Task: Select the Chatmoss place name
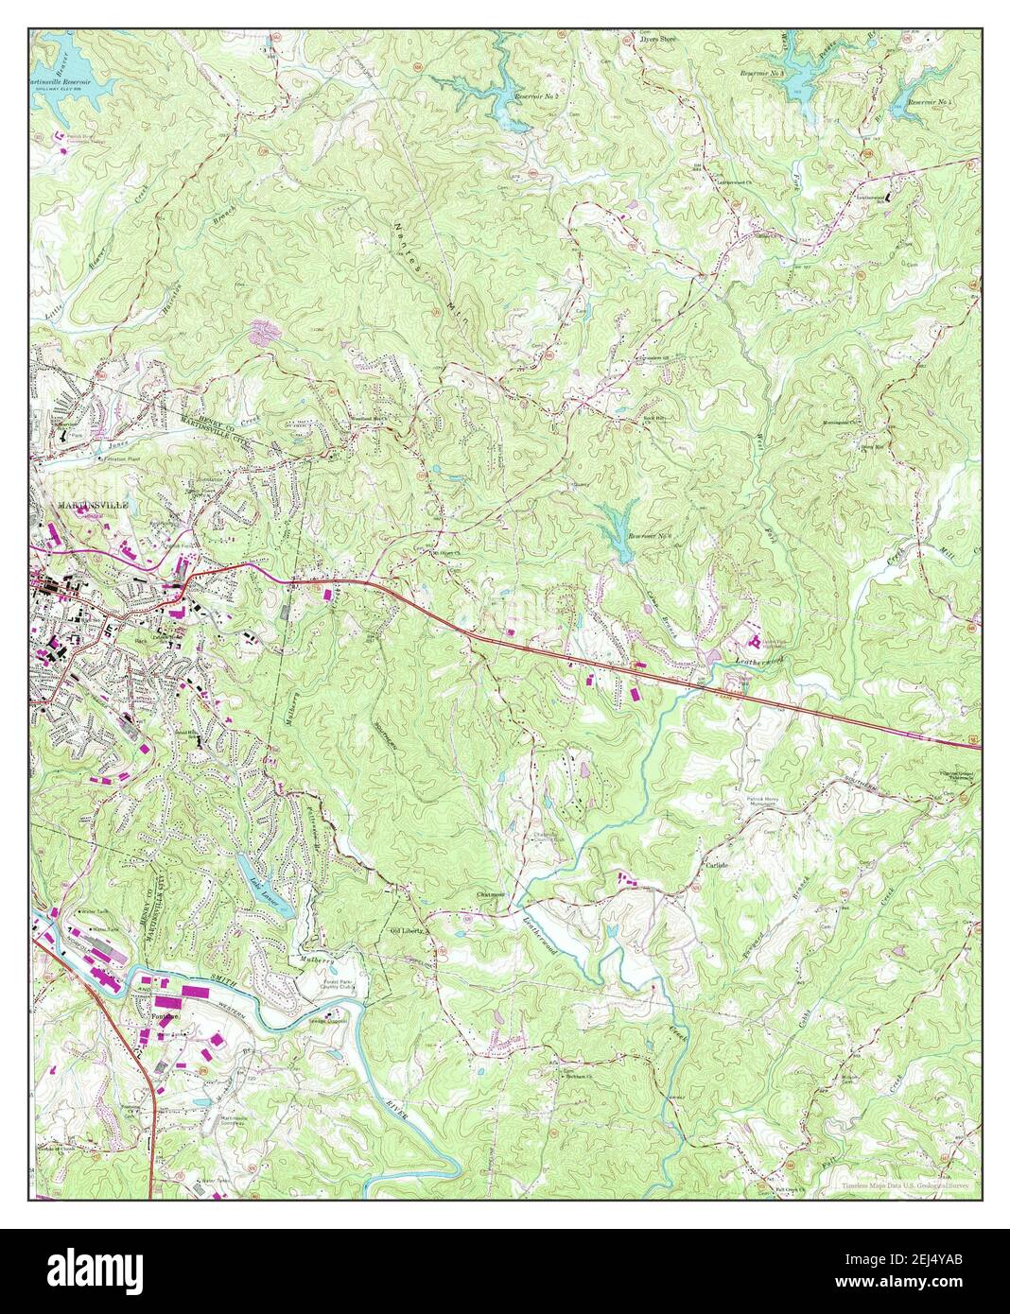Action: click(491, 893)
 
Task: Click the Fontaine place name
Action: click(166, 1016)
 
